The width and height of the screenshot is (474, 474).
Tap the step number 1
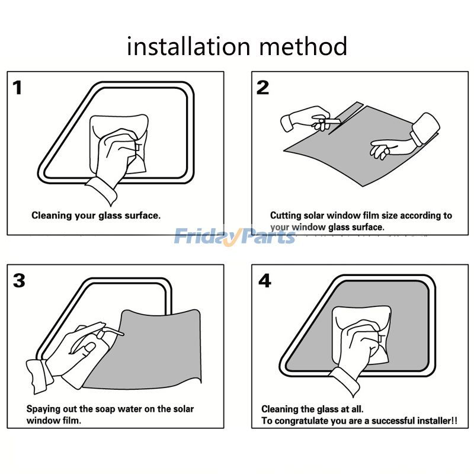click(18, 88)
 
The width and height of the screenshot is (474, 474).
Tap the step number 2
click(262, 88)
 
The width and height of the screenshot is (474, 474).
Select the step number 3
click(19, 280)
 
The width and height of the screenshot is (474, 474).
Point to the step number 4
click(264, 281)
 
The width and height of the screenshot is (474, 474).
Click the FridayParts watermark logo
click(235, 237)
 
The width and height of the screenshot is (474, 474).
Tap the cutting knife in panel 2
click(326, 123)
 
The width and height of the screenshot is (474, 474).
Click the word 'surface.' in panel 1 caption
click(142, 216)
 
